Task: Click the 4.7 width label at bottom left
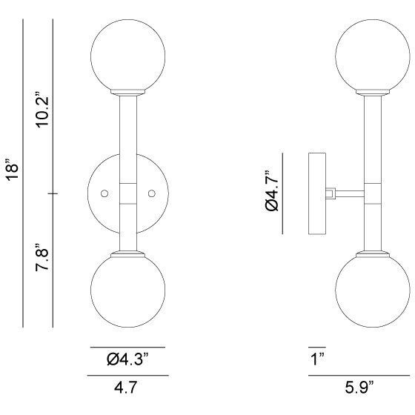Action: tap(127, 386)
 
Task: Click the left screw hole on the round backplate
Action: tap(104, 193)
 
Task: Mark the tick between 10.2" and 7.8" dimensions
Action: tap(52, 193)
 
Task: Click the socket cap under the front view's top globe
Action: tap(127, 93)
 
